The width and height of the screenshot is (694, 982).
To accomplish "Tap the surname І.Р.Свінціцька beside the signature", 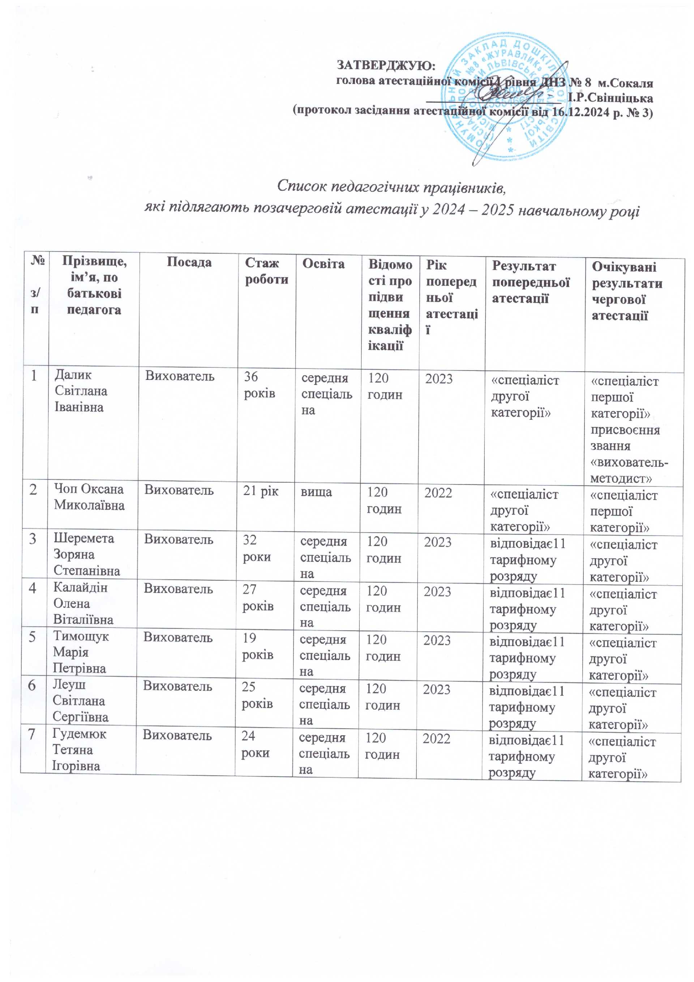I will [610, 98].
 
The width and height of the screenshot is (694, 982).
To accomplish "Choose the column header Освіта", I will [323, 264].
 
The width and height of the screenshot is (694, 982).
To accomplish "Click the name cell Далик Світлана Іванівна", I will [81, 391].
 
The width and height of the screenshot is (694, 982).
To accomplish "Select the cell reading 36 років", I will [259, 385].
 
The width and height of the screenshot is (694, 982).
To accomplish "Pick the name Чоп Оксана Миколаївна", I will [89, 497].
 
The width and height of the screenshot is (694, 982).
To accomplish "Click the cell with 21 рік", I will [260, 491].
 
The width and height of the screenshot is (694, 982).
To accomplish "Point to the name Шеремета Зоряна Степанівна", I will [86, 554].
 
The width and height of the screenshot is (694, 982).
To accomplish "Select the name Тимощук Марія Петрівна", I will [80, 652].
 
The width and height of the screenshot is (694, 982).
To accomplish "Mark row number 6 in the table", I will [32, 686].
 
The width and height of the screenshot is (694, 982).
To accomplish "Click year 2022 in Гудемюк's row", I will [436, 739].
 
